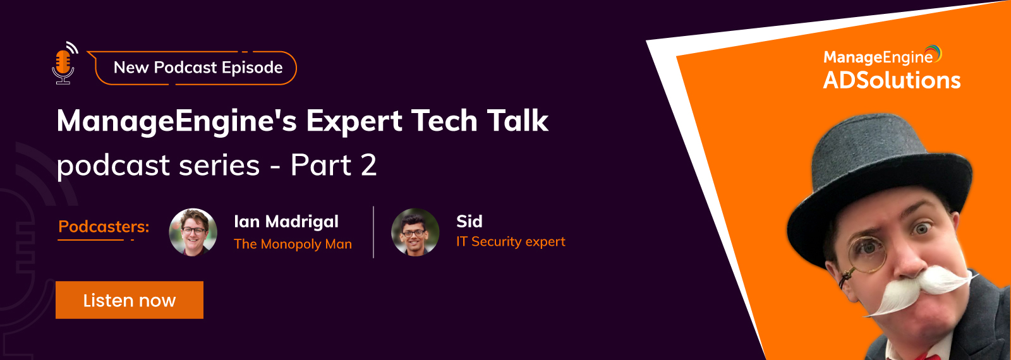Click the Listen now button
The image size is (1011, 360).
click(130, 300)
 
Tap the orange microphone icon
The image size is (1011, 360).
click(64, 63)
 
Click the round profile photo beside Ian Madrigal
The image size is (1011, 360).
click(193, 232)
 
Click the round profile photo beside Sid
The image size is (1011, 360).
click(415, 232)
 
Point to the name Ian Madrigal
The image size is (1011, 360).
click(286, 222)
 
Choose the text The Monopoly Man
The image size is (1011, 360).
click(293, 244)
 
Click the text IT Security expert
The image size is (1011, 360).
click(511, 242)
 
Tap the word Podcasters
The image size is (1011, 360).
click(104, 227)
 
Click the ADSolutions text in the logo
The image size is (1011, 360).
click(892, 80)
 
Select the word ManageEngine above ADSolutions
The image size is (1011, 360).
click(878, 57)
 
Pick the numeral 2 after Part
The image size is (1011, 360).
click(369, 165)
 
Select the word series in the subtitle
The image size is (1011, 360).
click(219, 165)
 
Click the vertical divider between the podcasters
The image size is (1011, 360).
click(373, 232)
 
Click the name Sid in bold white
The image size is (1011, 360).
click(469, 222)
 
